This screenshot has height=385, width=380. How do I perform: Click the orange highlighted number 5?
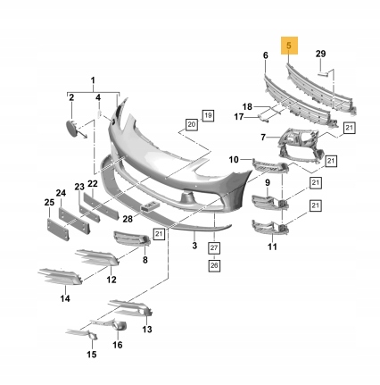(x=289, y=46)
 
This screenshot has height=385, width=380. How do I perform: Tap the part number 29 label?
(x=320, y=54)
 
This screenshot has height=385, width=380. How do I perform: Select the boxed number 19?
(x=208, y=115)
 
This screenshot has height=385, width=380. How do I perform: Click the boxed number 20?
(x=192, y=124)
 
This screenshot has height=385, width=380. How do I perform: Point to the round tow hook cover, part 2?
(x=71, y=128)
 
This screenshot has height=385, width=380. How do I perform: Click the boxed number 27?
(x=214, y=247)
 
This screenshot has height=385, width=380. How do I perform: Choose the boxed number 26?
(x=214, y=265)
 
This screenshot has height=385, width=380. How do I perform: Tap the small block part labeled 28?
(x=150, y=206)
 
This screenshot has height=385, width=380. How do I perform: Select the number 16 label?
(x=118, y=345)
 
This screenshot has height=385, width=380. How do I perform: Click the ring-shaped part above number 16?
(x=120, y=326)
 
